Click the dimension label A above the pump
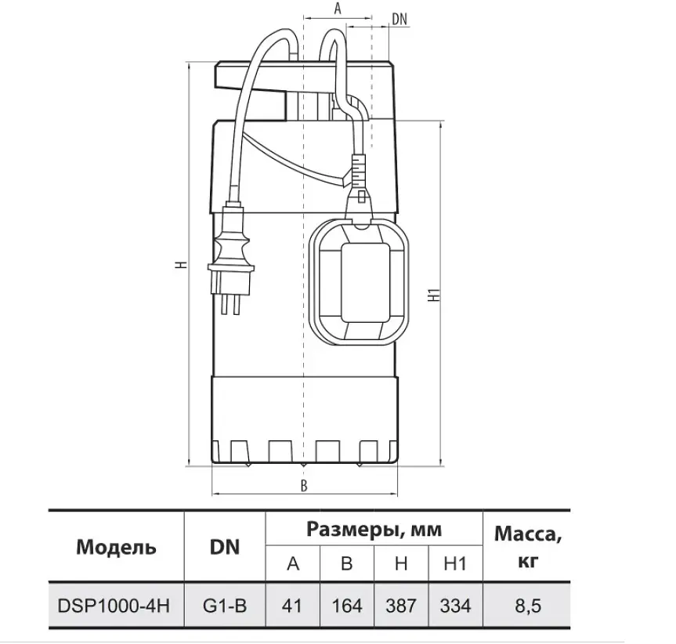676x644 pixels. coord(338,9)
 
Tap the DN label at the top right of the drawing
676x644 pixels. coord(399,19)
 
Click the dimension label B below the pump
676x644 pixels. coord(304,486)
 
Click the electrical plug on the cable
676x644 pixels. coord(229,259)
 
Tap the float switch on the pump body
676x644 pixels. coord(359,280)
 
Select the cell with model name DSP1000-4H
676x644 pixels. coord(114,606)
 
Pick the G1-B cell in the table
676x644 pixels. coord(225,606)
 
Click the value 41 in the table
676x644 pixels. coord(292,606)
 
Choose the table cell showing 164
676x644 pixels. coord(347,606)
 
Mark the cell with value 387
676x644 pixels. coord(401,606)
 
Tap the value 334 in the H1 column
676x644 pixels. coord(456,606)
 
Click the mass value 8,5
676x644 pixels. coord(528,606)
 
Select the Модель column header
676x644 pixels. coord(116,547)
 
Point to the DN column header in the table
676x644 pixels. coord(225,547)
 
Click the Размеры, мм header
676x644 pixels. coord(374,530)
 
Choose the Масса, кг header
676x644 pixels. coord(528,547)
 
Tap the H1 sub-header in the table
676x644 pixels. coord(455,563)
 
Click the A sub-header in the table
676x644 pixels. coord(293,563)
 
